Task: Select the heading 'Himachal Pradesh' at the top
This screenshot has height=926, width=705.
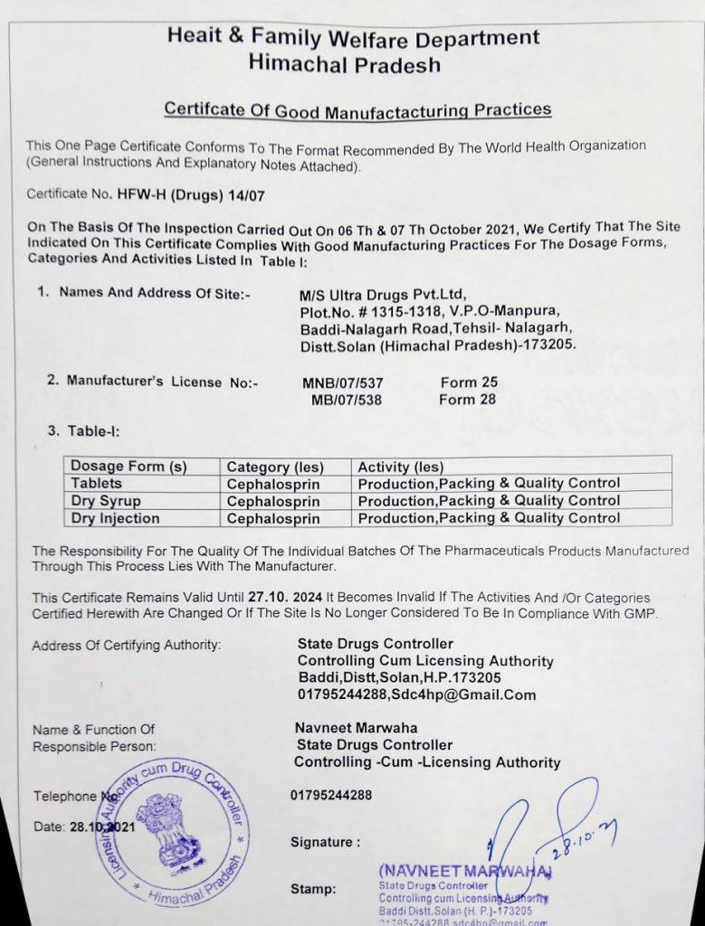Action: click(x=344, y=65)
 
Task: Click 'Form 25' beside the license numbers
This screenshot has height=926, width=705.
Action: click(x=469, y=382)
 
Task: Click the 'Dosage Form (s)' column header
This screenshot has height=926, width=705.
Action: click(x=129, y=467)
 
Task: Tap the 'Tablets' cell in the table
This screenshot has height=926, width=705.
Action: click(x=97, y=483)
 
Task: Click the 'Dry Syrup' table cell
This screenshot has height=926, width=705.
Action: click(x=106, y=500)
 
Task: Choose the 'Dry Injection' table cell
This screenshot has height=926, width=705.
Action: click(x=115, y=518)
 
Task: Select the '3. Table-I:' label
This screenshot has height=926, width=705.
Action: click(x=83, y=431)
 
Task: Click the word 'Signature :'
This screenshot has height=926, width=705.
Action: click(x=325, y=842)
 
